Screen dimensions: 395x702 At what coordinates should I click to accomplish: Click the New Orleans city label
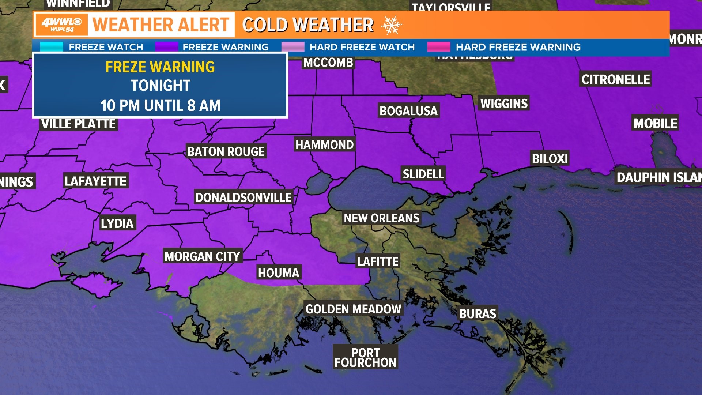[381, 218]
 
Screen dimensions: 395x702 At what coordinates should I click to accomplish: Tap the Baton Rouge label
[226, 151]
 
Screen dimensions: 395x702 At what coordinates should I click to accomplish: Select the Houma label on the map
[279, 273]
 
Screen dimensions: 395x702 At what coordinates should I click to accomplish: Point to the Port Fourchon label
[365, 358]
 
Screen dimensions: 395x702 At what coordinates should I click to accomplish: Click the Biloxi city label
[550, 159]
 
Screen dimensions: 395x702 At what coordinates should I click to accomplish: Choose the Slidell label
[423, 174]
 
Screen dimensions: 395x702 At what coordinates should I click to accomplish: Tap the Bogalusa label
[408, 111]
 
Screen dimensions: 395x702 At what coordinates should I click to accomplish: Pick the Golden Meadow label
[353, 309]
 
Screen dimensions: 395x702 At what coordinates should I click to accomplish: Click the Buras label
[478, 314]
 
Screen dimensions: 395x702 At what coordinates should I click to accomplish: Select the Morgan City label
[202, 256]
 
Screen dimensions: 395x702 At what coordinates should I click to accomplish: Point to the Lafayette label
[95, 181]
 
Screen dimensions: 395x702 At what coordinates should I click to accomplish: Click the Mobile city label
[655, 123]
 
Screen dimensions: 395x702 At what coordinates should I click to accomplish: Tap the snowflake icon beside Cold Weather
[391, 25]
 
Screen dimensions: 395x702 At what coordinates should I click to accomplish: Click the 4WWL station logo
[61, 25]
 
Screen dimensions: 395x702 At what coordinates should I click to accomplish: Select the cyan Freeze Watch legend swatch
[52, 47]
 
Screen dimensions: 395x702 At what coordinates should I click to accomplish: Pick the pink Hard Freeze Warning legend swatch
[439, 47]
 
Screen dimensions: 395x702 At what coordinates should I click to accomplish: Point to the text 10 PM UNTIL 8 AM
[160, 106]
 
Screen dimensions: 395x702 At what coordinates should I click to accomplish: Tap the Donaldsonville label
[243, 197]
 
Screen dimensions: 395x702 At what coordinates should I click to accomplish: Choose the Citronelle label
[615, 79]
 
